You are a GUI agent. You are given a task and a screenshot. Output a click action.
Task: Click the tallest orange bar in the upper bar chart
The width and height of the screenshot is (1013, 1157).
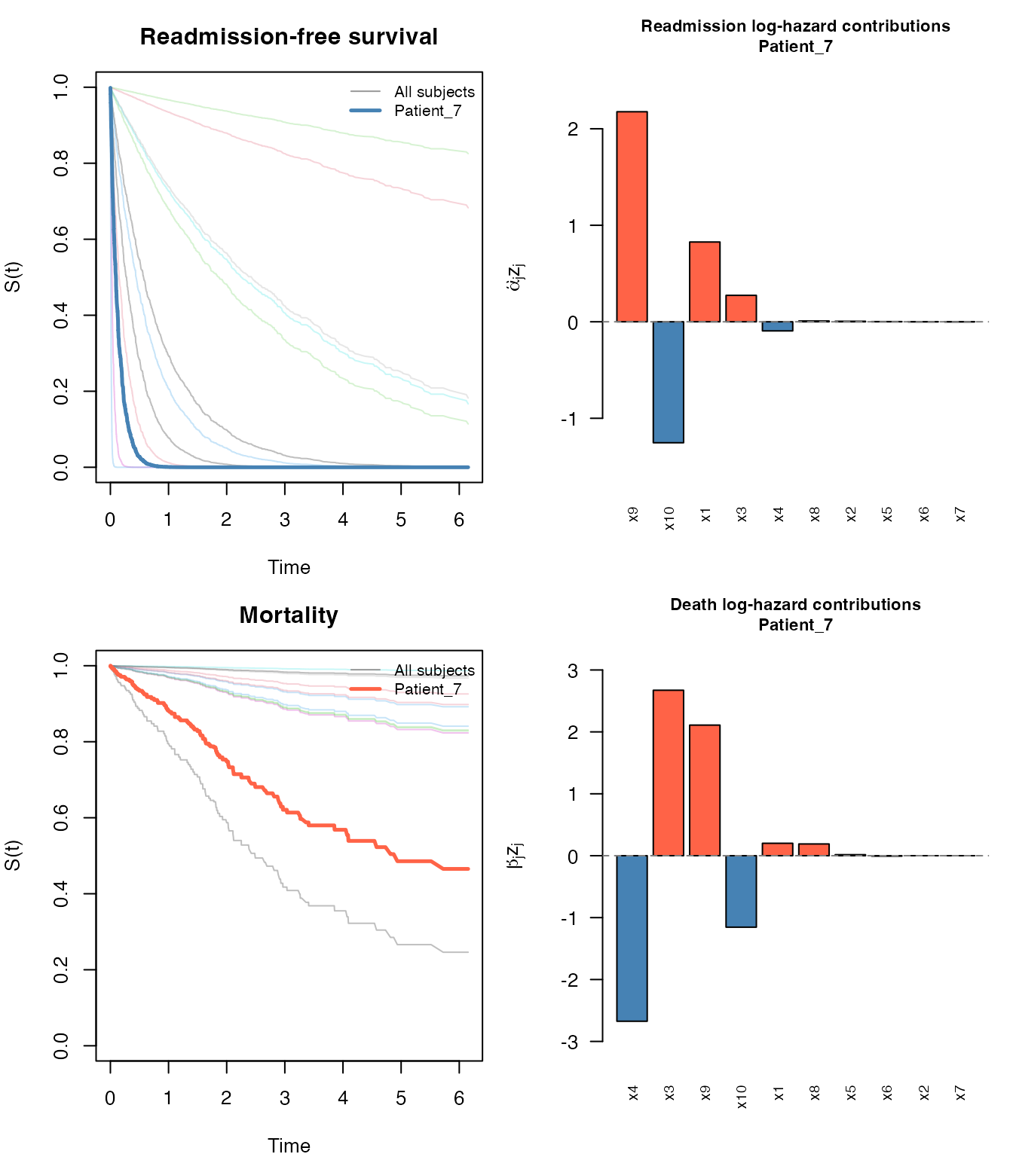click(x=632, y=217)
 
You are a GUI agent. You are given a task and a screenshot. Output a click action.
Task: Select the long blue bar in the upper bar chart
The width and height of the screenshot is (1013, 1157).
click(x=668, y=382)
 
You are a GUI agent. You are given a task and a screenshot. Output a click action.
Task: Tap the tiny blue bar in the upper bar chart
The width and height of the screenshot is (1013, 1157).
click(x=777, y=326)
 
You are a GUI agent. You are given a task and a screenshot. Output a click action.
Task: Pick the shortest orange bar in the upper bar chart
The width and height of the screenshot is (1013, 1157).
click(x=741, y=309)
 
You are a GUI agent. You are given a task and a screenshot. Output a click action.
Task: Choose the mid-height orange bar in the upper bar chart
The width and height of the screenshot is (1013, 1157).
click(x=705, y=282)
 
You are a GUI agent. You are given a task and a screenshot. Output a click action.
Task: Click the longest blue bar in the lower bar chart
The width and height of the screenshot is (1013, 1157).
click(x=632, y=938)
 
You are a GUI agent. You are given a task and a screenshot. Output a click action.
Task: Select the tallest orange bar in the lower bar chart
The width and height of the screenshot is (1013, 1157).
click(x=668, y=774)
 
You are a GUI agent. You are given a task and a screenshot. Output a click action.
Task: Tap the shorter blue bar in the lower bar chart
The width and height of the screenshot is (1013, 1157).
click(x=741, y=891)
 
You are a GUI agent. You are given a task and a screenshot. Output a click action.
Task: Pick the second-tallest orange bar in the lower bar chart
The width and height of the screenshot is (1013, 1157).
click(x=705, y=791)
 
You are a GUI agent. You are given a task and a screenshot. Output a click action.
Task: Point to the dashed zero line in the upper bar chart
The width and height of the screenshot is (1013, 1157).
click(x=904, y=322)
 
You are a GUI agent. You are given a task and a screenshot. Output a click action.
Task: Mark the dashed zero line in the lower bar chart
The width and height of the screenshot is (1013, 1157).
click(x=904, y=856)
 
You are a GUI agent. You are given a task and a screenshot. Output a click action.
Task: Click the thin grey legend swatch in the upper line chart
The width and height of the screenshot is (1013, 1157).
click(x=366, y=92)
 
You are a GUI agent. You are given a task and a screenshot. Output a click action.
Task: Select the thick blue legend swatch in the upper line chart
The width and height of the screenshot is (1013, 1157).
click(x=366, y=111)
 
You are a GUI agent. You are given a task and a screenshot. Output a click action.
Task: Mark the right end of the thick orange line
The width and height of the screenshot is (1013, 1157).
click(x=469, y=869)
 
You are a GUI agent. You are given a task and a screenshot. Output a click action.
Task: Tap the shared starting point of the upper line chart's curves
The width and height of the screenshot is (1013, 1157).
click(x=111, y=88)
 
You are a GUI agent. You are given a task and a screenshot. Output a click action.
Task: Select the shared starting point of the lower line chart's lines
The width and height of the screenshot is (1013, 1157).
click(x=110, y=666)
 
